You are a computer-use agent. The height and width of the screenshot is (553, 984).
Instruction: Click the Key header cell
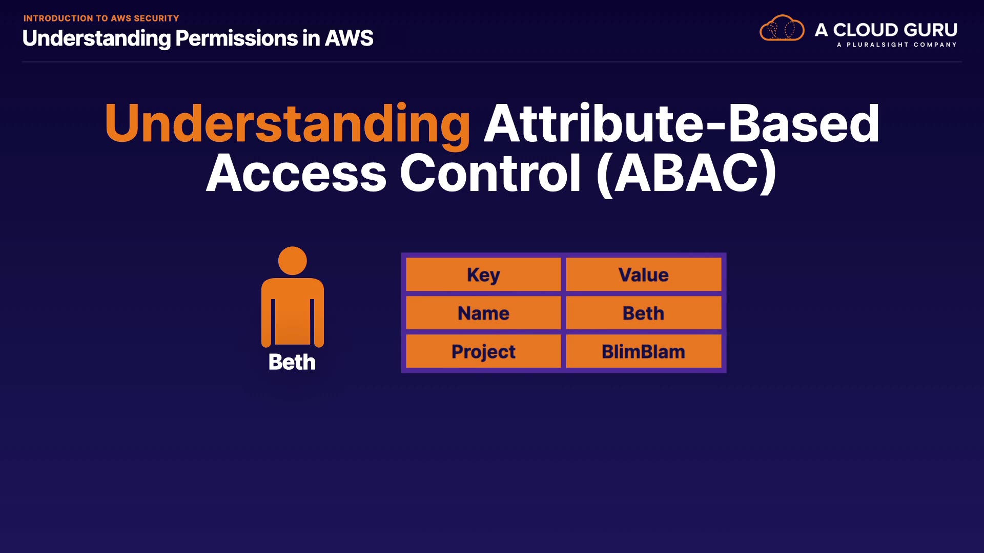point(483,274)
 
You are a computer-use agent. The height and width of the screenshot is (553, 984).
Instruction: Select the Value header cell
point(643,274)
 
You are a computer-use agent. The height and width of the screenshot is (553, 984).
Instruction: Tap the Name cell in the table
point(483,313)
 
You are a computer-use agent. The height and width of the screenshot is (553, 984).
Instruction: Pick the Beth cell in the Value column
point(643,313)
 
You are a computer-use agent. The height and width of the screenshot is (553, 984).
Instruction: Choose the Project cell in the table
point(483,351)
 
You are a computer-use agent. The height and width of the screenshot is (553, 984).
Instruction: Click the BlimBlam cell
point(643,351)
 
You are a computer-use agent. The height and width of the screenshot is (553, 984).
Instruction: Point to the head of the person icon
point(292,261)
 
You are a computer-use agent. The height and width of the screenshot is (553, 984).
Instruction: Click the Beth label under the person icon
point(292,362)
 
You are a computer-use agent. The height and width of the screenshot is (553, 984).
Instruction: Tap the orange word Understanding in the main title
point(288,124)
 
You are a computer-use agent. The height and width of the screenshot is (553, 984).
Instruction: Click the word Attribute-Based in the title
point(682,123)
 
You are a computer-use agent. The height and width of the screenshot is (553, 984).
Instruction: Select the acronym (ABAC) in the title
point(687,173)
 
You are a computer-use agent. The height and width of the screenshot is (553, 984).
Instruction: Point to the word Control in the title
point(490,173)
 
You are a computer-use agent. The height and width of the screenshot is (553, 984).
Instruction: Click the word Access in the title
point(296,174)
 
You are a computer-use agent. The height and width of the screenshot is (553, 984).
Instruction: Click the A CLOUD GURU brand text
point(886,30)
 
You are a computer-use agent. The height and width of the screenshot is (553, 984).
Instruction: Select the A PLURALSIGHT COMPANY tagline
point(897,45)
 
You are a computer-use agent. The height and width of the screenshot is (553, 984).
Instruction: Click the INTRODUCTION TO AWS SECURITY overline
point(101,18)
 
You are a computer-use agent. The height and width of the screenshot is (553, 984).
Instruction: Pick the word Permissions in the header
point(236,38)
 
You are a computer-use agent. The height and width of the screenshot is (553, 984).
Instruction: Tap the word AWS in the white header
point(349,38)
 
